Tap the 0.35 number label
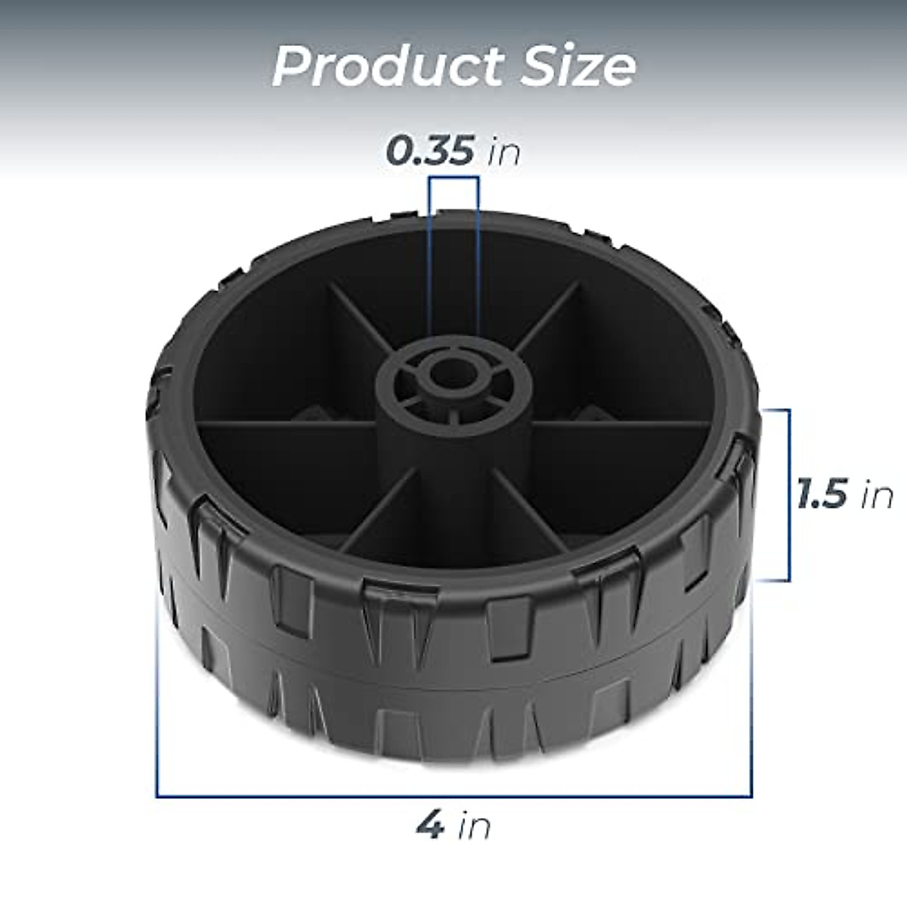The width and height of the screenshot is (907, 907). point(430,152)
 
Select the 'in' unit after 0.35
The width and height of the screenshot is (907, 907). point(503,152)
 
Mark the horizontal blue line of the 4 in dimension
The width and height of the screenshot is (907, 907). point(453,775)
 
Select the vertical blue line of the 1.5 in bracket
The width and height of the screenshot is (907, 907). point(789,495)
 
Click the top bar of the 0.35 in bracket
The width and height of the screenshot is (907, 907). point(453,178)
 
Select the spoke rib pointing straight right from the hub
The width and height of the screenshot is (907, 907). point(620,423)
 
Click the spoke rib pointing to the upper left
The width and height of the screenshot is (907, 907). point(355,317)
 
